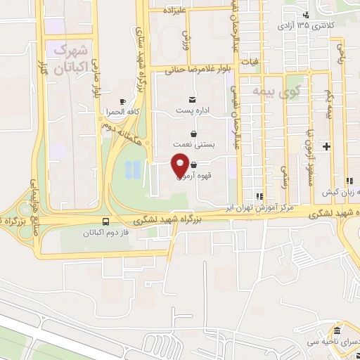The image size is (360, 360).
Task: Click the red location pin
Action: point(179,166)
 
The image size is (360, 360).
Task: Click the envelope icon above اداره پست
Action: point(192,100)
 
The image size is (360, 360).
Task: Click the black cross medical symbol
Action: point(326,146)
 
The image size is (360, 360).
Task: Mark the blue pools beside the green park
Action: point(132,169)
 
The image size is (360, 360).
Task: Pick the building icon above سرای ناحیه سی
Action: point(337,330)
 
